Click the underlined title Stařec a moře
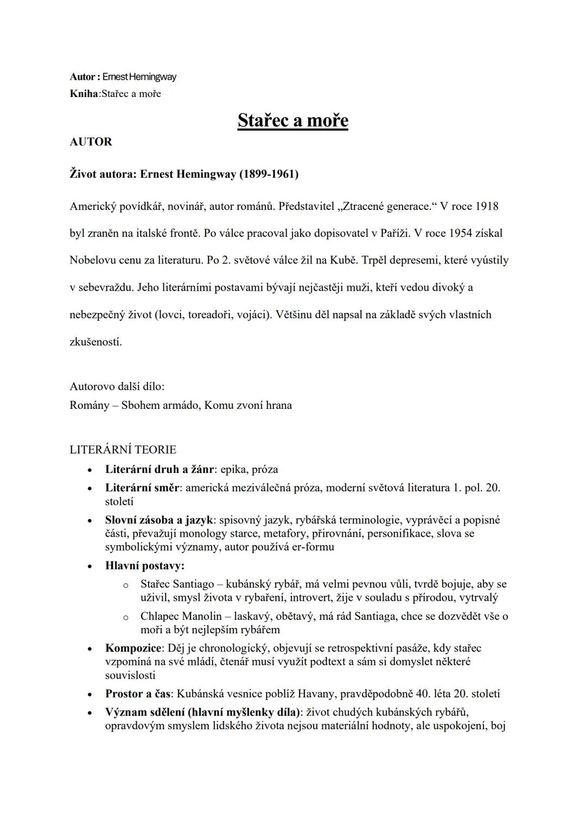(x=292, y=120)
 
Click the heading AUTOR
(x=91, y=142)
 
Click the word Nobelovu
(x=93, y=260)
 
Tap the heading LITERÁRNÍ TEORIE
(x=123, y=450)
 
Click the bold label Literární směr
(x=142, y=487)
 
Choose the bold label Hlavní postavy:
(x=145, y=566)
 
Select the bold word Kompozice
(x=133, y=648)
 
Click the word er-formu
(x=313, y=547)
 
